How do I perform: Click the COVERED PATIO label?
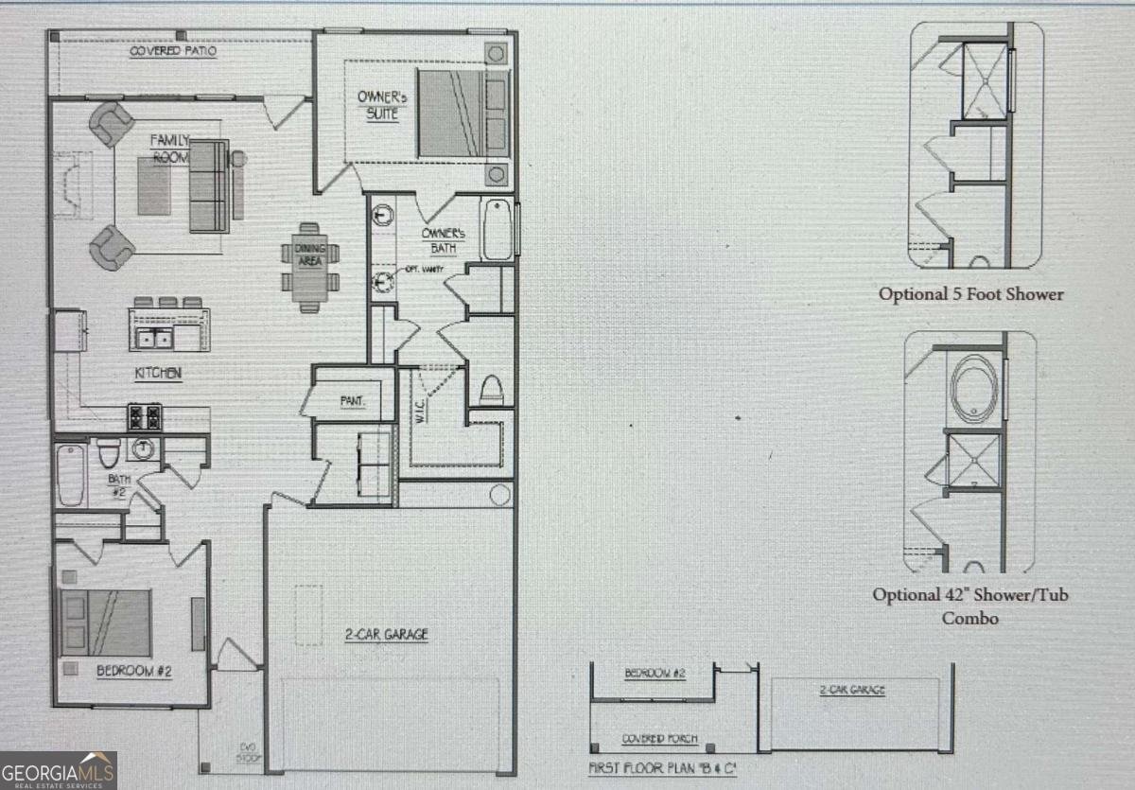click(x=173, y=51)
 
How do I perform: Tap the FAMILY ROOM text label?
click(x=171, y=149)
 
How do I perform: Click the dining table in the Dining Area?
click(x=308, y=268)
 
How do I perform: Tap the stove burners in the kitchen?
click(x=145, y=416)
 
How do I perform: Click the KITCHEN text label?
click(x=157, y=373)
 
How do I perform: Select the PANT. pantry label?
click(x=353, y=401)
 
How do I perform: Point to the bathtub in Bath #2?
click(x=70, y=474)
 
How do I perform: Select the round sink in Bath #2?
click(x=144, y=449)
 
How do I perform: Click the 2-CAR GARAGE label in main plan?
click(x=386, y=635)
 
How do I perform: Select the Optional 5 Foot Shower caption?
click(x=970, y=294)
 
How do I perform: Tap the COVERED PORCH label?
click(x=659, y=739)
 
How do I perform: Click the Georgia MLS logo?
click(x=58, y=770)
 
